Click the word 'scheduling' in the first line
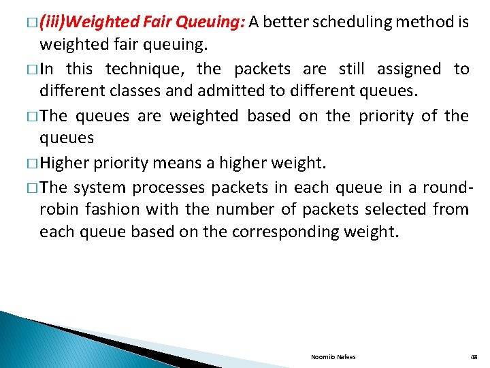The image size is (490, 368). click(x=353, y=22)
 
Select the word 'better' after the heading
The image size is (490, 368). click(x=287, y=22)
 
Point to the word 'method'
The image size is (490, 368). click(x=423, y=22)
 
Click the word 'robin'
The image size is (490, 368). click(x=59, y=209)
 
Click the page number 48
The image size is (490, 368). click(x=474, y=357)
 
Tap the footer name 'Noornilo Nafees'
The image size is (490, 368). click(x=333, y=357)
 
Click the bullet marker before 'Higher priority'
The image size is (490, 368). click(x=33, y=164)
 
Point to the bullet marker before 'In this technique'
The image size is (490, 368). click(x=33, y=70)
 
